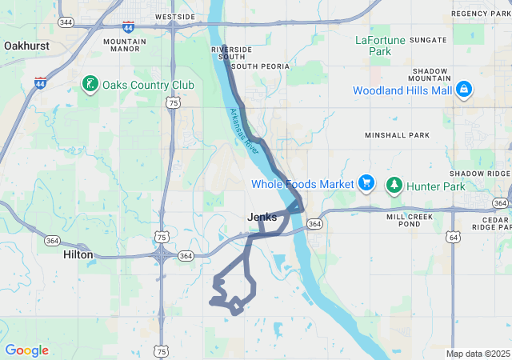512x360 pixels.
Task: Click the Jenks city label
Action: click(262, 217)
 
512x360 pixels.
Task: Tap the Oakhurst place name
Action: click(26, 46)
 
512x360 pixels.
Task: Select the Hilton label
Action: click(78, 254)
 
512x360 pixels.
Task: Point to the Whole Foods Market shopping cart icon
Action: click(366, 184)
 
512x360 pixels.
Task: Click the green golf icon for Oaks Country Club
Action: click(90, 83)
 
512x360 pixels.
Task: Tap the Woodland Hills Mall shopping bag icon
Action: click(463, 90)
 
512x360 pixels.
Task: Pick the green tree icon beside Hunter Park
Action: click(394, 185)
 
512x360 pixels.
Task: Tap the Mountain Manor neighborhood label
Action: click(125, 46)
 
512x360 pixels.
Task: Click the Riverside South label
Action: click(228, 54)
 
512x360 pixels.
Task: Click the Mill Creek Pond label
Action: click(408, 220)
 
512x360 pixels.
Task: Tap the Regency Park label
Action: click(480, 14)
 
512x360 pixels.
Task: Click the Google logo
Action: click(26, 350)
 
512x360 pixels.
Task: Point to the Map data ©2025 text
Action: click(478, 354)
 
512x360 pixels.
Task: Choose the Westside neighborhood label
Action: click(174, 16)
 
